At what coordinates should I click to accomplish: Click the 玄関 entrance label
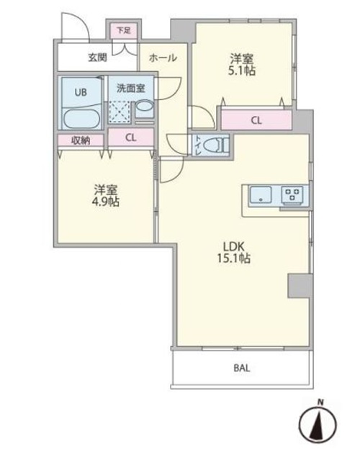[99, 58]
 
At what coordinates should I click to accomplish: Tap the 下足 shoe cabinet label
[125, 31]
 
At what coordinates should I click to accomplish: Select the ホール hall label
[163, 58]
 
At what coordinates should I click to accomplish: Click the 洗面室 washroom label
[131, 88]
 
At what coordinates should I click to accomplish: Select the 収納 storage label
[80, 140]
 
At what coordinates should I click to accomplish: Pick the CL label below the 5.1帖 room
[256, 120]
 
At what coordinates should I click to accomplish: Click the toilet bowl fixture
[215, 145]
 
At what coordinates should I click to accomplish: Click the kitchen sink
[260, 195]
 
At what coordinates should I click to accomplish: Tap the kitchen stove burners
[292, 194]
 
